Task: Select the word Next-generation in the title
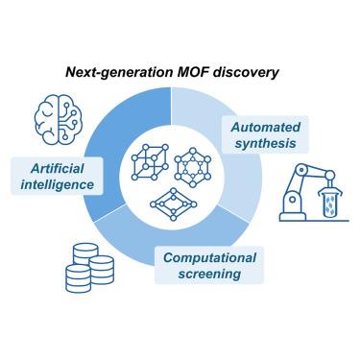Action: click(119, 73)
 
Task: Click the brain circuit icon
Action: click(59, 119)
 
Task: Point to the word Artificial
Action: click(58, 168)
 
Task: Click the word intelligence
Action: click(58, 184)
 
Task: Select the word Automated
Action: click(266, 127)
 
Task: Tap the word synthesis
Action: click(266, 143)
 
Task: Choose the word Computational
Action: click(209, 258)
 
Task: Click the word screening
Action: click(209, 274)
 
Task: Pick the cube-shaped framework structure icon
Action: click(150, 162)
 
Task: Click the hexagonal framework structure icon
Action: click(193, 167)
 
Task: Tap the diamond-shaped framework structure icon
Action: click(174, 204)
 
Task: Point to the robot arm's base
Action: click(293, 217)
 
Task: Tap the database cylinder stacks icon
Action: click(89, 268)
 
